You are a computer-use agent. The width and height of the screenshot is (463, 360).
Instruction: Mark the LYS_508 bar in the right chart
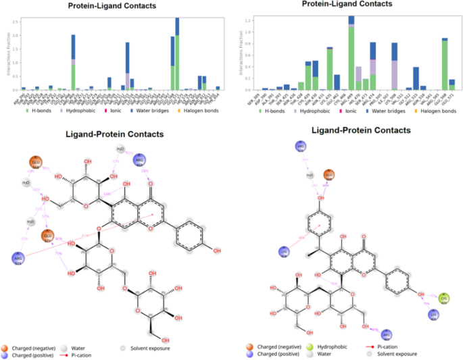pos(394,66)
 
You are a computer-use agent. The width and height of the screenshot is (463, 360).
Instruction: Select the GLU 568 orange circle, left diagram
pos(35,163)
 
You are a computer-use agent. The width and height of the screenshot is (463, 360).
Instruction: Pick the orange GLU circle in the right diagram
pos(329,175)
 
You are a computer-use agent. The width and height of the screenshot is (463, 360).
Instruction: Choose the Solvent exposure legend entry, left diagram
pos(147,348)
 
